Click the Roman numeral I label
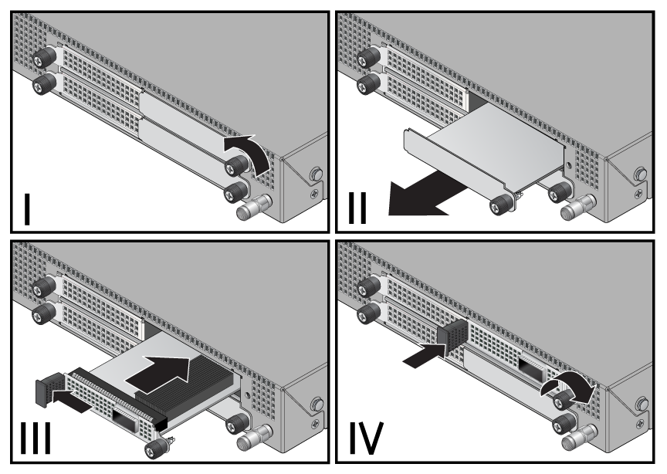[27, 209]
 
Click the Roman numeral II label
[357, 208]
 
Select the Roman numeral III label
[36, 438]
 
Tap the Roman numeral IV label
[366, 438]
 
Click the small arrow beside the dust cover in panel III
[72, 401]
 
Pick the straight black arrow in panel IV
[424, 355]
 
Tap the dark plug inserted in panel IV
[452, 339]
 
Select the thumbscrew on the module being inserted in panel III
[157, 448]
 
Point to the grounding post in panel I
[254, 207]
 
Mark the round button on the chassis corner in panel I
[316, 174]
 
